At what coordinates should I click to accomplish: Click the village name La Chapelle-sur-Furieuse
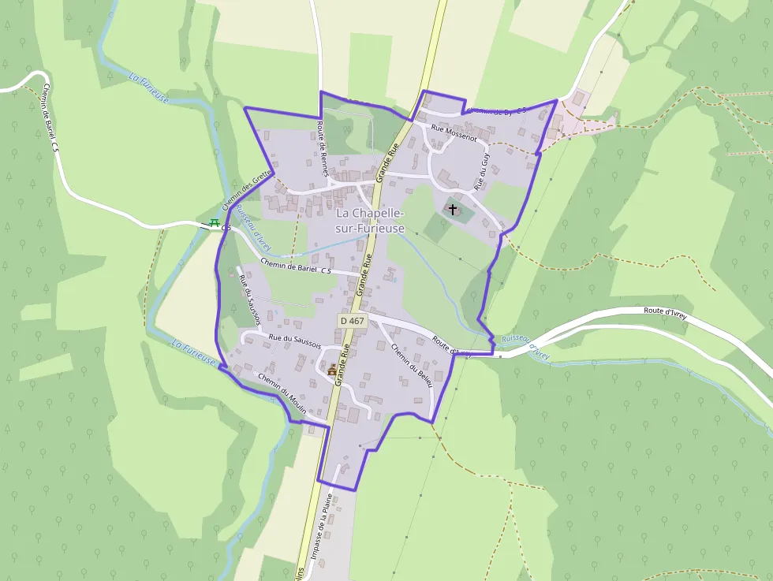[370, 221]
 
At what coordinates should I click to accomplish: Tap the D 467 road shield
[353, 321]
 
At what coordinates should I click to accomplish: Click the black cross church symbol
[453, 209]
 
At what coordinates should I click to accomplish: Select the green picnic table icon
[213, 225]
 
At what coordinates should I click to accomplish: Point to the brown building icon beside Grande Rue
[332, 370]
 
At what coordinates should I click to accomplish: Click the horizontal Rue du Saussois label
[294, 341]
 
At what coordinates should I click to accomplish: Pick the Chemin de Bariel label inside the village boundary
[294, 268]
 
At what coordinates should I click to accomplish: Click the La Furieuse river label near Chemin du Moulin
[194, 352]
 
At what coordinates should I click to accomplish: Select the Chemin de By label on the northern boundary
[496, 110]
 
